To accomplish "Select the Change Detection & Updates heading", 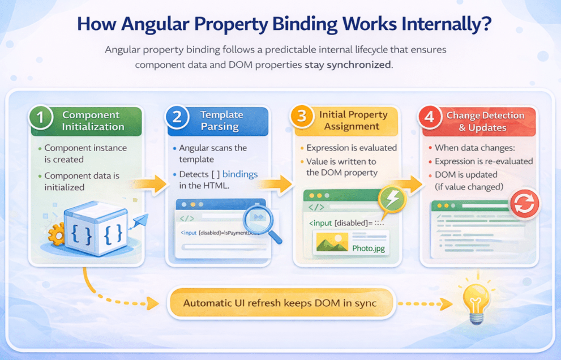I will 485,121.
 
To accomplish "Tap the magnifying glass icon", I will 258,221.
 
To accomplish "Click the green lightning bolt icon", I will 391,200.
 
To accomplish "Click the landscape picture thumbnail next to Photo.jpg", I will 332,244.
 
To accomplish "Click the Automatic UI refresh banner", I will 280,303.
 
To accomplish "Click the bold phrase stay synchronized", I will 348,65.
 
